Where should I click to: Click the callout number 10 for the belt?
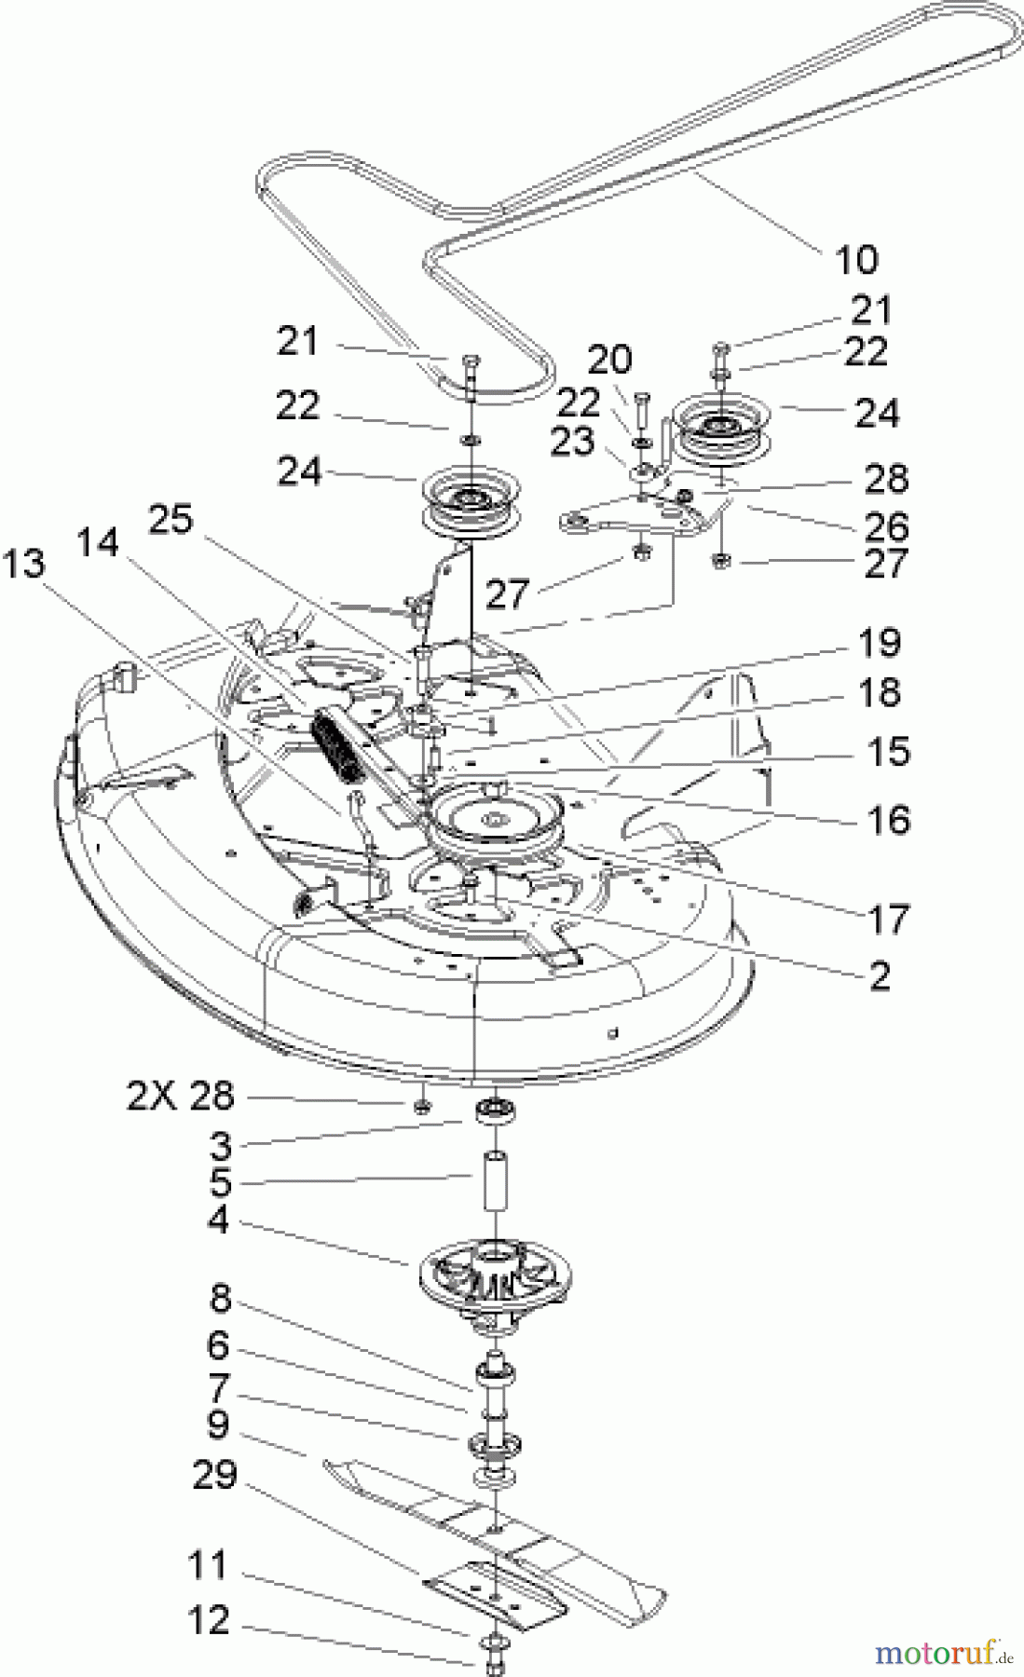click(856, 260)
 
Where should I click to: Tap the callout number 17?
click(888, 920)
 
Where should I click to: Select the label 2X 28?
click(181, 1096)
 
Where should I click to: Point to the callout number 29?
click(214, 1474)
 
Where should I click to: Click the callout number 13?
click(23, 563)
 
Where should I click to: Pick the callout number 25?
click(171, 519)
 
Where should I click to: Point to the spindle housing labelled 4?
click(495, 1277)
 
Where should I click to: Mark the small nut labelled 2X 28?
click(421, 1105)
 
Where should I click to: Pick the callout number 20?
click(609, 359)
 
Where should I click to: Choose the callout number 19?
click(879, 643)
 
